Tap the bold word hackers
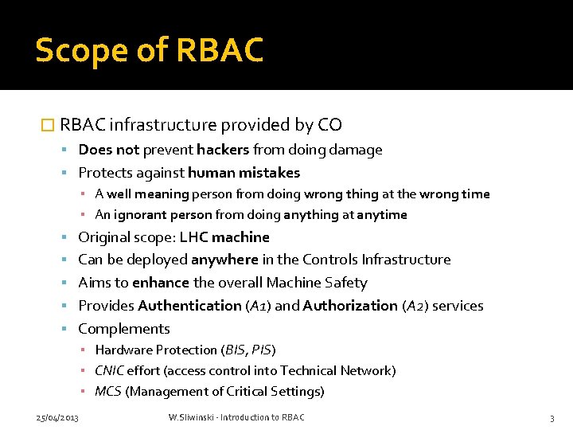point(223,150)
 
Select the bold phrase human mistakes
point(244,173)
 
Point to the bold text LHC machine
point(224,237)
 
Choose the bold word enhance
point(162,283)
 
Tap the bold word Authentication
point(189,306)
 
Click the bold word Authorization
point(351,306)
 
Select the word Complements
point(124,329)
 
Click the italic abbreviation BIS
point(236,350)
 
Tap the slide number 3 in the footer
point(551,418)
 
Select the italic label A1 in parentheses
point(258,306)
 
